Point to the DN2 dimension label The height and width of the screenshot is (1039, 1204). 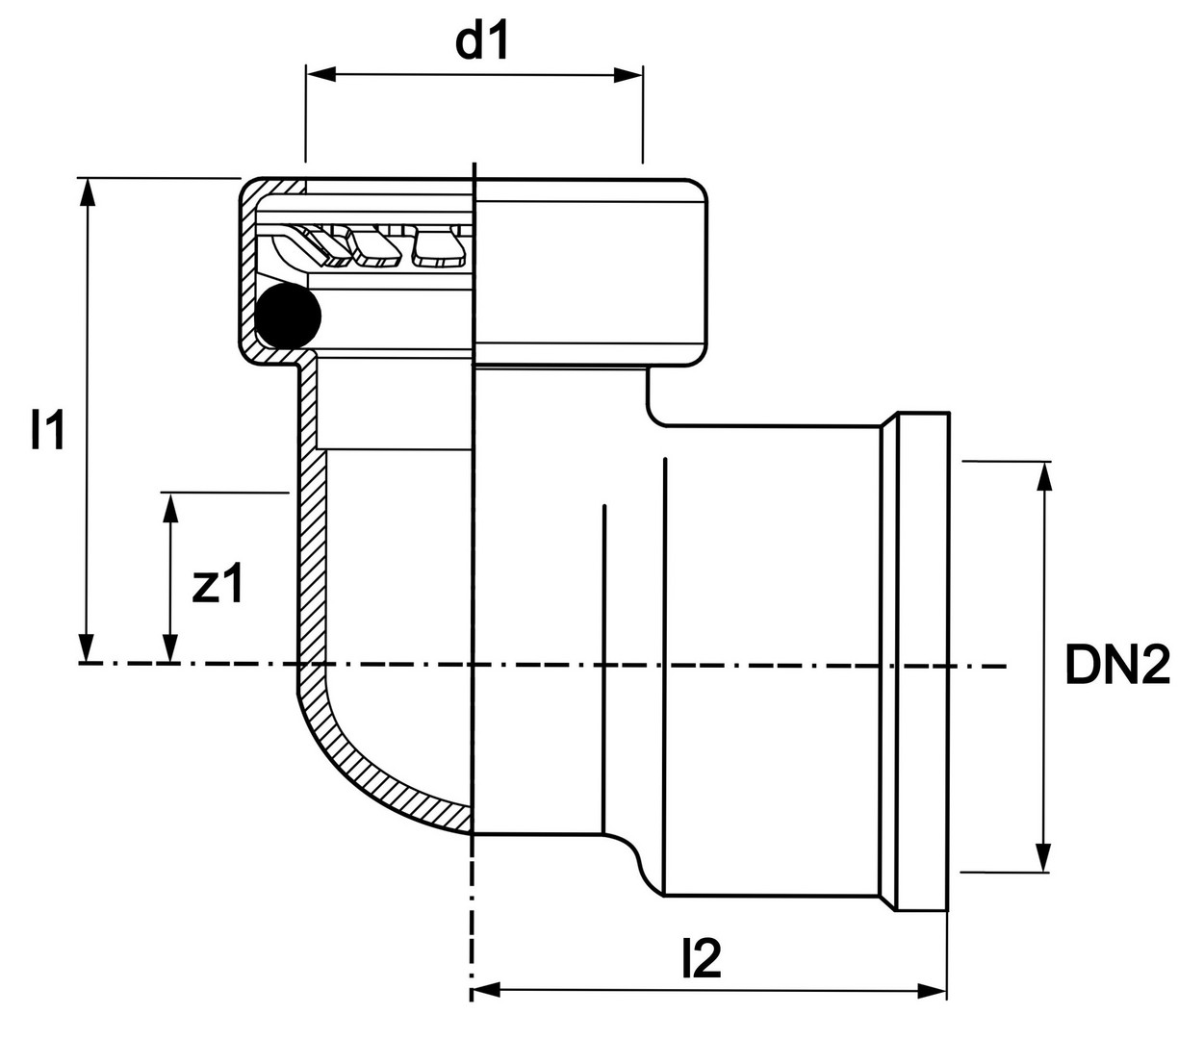(x=1116, y=665)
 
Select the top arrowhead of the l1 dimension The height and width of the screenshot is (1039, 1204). (x=88, y=190)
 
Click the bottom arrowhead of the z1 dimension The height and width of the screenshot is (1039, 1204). (x=170, y=649)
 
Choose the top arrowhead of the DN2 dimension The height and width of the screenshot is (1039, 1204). (x=1042, y=475)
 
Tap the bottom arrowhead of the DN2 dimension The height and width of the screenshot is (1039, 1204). (x=1042, y=858)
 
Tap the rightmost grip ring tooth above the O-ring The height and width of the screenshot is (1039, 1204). (x=440, y=249)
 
